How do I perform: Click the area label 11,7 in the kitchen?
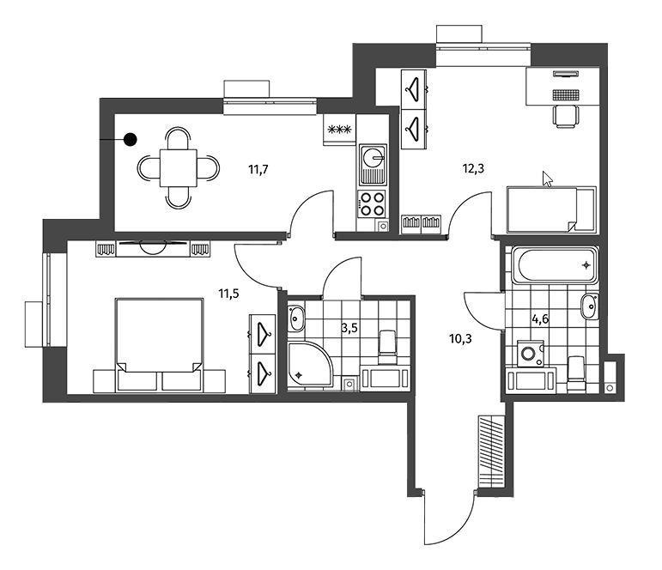pyautogui.click(x=258, y=170)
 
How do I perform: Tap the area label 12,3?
pyautogui.click(x=473, y=169)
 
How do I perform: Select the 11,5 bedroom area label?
pyautogui.click(x=228, y=294)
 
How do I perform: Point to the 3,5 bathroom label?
pyautogui.click(x=349, y=328)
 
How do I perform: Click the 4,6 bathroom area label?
pyautogui.click(x=540, y=319)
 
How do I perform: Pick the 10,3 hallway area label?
pyautogui.click(x=460, y=338)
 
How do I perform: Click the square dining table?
pyautogui.click(x=179, y=168)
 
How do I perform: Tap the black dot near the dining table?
pyautogui.click(x=131, y=139)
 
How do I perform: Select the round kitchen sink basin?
pyautogui.click(x=373, y=157)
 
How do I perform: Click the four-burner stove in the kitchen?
pyautogui.click(x=372, y=203)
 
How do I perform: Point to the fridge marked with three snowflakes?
pyautogui.click(x=340, y=130)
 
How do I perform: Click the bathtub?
pyautogui.click(x=556, y=265)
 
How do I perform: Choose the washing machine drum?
pyautogui.click(x=527, y=352)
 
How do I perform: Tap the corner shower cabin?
pyautogui.click(x=309, y=365)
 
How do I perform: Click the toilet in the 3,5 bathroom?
pyautogui.click(x=387, y=348)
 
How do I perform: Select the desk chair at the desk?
pyautogui.click(x=565, y=116)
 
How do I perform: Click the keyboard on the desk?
pyautogui.click(x=566, y=95)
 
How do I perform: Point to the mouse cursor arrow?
pyautogui.click(x=547, y=179)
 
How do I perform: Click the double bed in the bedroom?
pyautogui.click(x=159, y=344)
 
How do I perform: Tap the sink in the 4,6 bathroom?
pyautogui.click(x=589, y=306)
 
